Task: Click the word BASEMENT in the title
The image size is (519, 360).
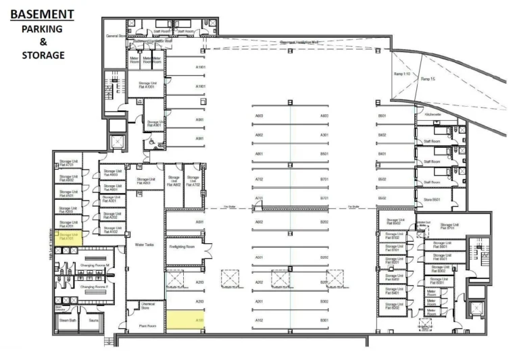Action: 42,14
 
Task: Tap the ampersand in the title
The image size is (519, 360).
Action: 42,41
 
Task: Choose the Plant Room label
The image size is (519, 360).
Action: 147,326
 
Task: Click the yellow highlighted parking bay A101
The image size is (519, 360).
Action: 184,320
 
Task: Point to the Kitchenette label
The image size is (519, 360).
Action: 432,115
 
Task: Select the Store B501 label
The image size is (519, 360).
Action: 432,200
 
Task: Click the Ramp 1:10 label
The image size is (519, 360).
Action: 401,74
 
